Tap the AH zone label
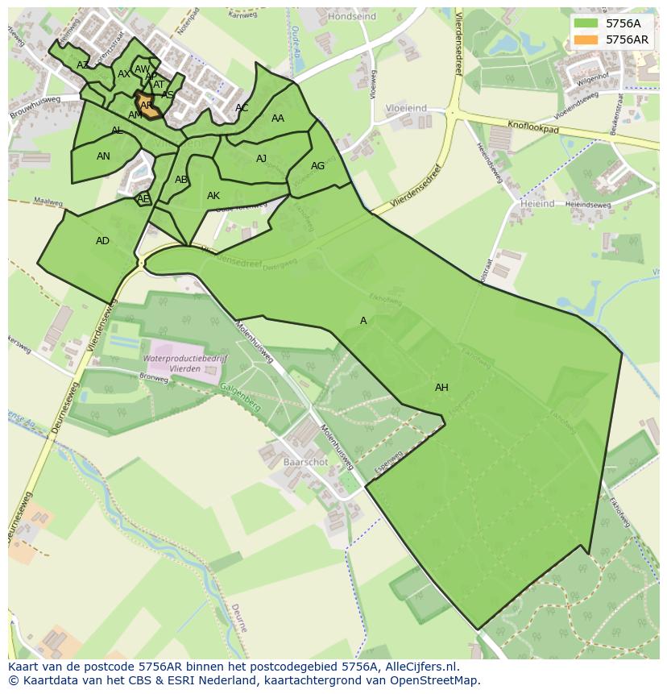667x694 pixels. coord(441,388)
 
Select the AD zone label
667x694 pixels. coord(102,241)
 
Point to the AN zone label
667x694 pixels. coord(103,156)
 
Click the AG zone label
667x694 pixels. coord(317,166)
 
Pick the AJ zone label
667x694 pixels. coord(261,159)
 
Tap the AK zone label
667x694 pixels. coord(213,196)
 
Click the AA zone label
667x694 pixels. coord(278,118)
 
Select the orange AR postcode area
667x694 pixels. coord(148,106)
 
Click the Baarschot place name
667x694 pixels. coord(305,463)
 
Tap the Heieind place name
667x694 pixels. coord(536,205)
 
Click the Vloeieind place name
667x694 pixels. coord(406,107)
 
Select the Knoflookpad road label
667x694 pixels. coord(533,127)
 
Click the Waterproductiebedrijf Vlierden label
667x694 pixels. coord(185,364)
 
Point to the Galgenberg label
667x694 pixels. coord(240,397)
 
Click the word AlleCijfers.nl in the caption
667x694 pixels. coord(420,667)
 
